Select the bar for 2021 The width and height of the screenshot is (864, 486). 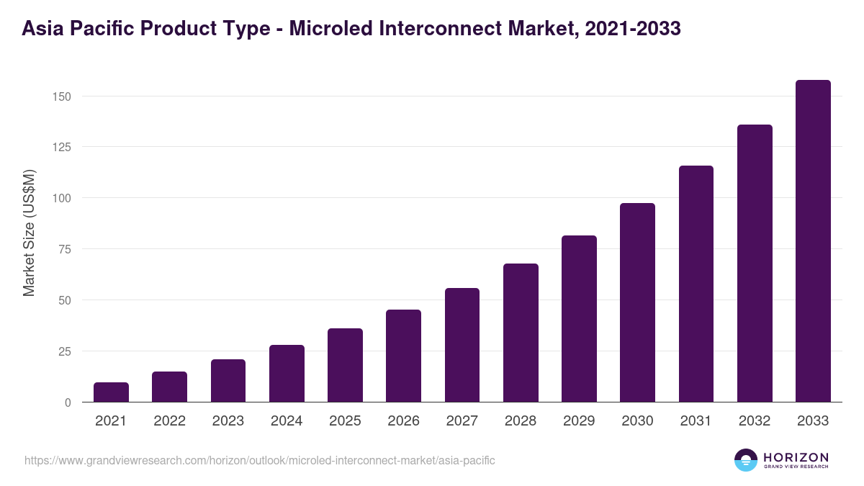(x=111, y=392)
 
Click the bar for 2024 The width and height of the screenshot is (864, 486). (x=287, y=374)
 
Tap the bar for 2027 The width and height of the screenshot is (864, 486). (x=462, y=345)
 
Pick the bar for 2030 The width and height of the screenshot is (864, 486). (x=637, y=302)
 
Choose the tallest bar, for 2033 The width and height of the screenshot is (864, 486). (x=813, y=241)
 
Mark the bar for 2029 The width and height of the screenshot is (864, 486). (x=579, y=319)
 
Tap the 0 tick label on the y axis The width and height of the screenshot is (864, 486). (x=68, y=402)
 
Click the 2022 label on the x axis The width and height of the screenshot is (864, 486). (x=169, y=421)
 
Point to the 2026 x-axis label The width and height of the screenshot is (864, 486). (x=403, y=421)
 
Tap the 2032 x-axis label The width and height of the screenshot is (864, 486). (x=755, y=421)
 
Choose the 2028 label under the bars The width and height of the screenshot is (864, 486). (x=521, y=421)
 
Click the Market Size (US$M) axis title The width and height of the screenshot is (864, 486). (x=29, y=232)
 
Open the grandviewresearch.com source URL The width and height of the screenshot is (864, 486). (x=260, y=460)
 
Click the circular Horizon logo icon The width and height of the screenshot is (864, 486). (x=746, y=460)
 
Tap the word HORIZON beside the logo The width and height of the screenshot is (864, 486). (x=796, y=456)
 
